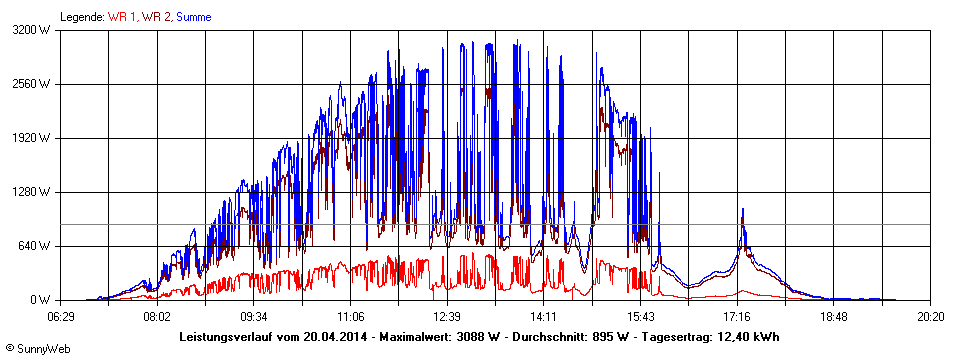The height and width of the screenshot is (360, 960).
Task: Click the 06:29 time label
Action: pyautogui.click(x=60, y=317)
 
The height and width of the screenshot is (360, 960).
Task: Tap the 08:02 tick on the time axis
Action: pyautogui.click(x=157, y=317)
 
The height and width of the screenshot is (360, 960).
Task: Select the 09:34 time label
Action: pyautogui.click(x=254, y=317)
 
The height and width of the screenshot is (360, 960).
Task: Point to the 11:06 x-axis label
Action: pyautogui.click(x=350, y=317)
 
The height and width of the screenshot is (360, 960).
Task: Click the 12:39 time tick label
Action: pyautogui.click(x=447, y=317)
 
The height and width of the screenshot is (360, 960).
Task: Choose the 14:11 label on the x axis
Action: pyautogui.click(x=544, y=317)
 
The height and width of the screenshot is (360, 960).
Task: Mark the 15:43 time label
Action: pyautogui.click(x=641, y=317)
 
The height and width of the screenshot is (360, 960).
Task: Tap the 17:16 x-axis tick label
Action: pyautogui.click(x=737, y=317)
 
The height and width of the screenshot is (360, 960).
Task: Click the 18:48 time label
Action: pyautogui.click(x=834, y=317)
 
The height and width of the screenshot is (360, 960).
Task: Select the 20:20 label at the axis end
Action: pyautogui.click(x=931, y=317)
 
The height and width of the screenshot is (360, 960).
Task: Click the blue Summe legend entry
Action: pyautogui.click(x=193, y=17)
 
